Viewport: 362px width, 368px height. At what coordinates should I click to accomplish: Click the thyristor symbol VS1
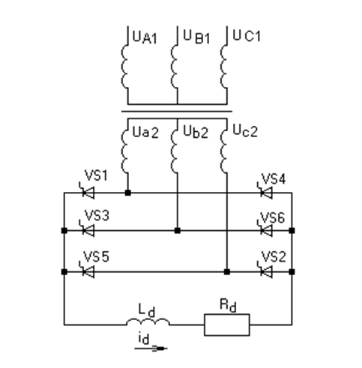point(88,192)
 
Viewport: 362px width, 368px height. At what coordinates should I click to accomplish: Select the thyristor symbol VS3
point(88,230)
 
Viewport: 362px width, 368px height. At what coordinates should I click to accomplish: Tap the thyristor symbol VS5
point(88,271)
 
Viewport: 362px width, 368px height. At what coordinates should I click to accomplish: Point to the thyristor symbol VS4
point(266,192)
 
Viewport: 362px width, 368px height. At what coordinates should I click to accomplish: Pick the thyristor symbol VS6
point(266,230)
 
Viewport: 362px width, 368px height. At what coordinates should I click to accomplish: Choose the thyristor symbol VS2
point(266,271)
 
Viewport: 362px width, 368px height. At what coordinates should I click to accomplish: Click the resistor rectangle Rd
point(227,325)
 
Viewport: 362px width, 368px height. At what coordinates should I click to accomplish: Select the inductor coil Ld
point(148,322)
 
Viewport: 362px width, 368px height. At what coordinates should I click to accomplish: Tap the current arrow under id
point(151,348)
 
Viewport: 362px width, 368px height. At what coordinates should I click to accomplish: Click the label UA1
point(145,37)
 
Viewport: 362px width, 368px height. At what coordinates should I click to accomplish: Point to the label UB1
point(197,37)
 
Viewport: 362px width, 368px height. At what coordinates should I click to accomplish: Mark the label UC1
point(247,36)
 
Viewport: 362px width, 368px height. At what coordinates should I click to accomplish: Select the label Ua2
point(145,132)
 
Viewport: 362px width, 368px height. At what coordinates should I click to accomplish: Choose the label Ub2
point(196,131)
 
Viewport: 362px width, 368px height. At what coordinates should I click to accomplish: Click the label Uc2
point(245,130)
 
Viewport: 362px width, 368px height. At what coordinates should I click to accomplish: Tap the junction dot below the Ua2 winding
point(127,193)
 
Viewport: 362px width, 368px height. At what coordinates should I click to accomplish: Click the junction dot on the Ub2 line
point(178,230)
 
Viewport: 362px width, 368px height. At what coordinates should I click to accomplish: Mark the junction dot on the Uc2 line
point(227,271)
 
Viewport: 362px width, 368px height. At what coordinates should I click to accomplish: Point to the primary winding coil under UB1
point(175,67)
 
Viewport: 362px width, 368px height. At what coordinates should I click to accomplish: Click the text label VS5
point(97,256)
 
